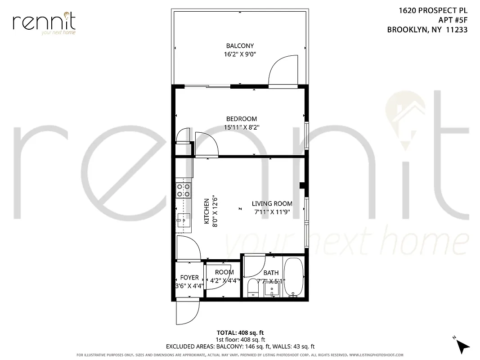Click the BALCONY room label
click(x=240, y=46)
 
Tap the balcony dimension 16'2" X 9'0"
click(x=240, y=54)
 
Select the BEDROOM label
click(x=241, y=119)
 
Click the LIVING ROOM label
click(x=272, y=204)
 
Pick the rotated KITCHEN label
click(x=207, y=211)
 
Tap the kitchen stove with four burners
click(x=183, y=190)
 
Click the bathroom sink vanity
click(x=272, y=288)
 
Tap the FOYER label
click(x=189, y=278)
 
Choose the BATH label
click(x=271, y=273)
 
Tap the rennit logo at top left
click(x=44, y=22)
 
